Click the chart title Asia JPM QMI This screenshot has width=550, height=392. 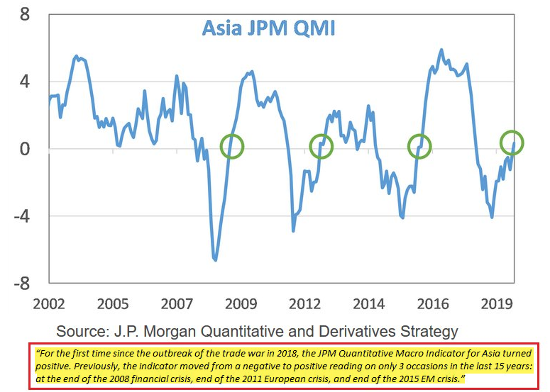point(268,28)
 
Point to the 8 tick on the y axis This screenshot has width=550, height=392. point(24,14)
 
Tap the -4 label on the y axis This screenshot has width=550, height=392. point(21,216)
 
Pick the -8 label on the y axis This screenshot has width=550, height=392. point(21,284)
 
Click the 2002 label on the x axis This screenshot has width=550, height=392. point(49,304)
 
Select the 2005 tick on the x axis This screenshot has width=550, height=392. point(113,304)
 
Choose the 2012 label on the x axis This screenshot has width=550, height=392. point(305,304)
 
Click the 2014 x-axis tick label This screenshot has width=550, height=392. point(369,304)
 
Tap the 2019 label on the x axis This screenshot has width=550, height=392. point(497,304)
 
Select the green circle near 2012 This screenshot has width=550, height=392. point(321,146)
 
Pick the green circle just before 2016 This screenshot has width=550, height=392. point(419,146)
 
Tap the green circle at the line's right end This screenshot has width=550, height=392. point(511,142)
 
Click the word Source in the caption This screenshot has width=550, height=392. point(83,331)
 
